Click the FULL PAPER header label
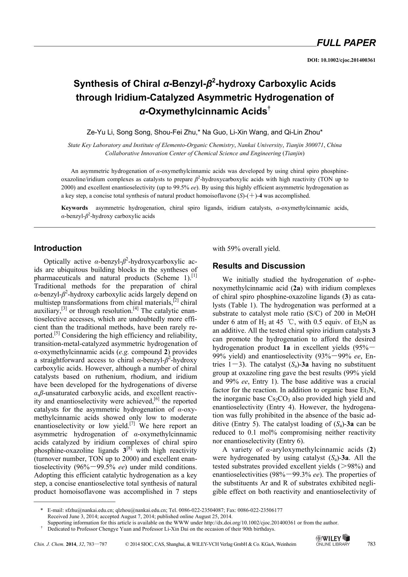[x=346, y=43]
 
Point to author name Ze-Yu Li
[x=97, y=132]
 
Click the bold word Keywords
[x=75, y=208]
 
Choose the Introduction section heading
[x=58, y=248]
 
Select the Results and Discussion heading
[x=259, y=266]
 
